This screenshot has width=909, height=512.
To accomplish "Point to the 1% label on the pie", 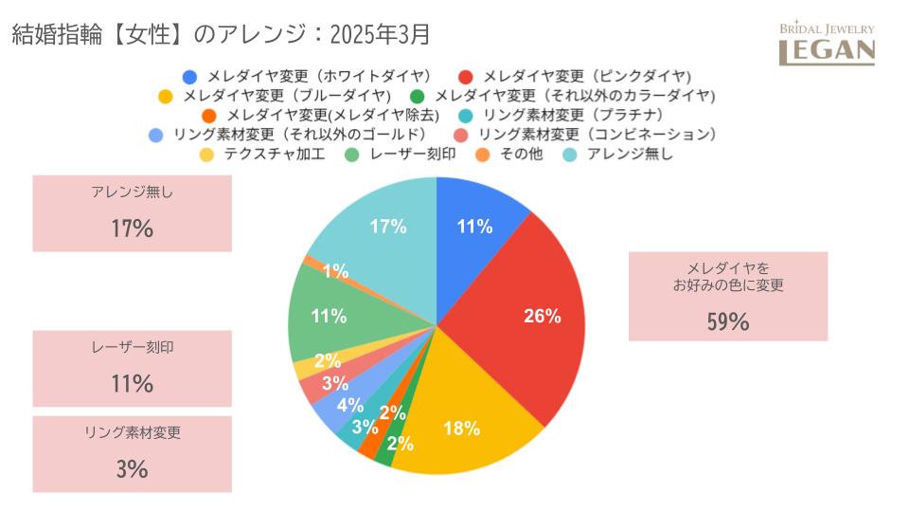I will click(x=335, y=271).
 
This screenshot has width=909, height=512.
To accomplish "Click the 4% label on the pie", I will click(x=350, y=406).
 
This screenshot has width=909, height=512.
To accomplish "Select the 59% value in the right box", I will click(x=727, y=321).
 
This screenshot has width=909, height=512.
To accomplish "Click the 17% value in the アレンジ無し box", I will click(x=132, y=229).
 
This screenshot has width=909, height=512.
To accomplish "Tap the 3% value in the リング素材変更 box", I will click(x=132, y=468).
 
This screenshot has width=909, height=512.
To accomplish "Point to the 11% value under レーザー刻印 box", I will click(x=132, y=384).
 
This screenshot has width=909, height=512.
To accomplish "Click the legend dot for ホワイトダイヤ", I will click(x=189, y=76).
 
